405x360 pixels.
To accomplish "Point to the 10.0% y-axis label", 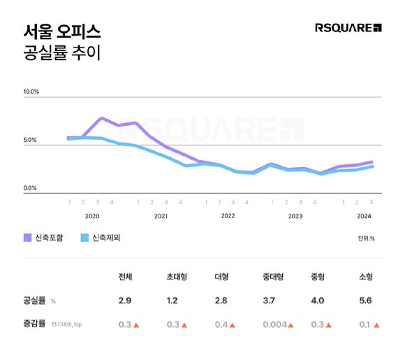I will tap(32, 92).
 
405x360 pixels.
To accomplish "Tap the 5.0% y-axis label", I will tap(31, 140).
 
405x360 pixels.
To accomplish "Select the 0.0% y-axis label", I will tap(31, 188).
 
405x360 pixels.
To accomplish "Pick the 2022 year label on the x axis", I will tap(228, 216).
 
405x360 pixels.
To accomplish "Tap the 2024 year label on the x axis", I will tap(364, 216).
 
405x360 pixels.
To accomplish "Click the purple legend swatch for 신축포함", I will tap(29, 238).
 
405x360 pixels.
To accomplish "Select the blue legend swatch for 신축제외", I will tap(86, 238).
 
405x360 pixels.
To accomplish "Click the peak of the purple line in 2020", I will tap(102, 118).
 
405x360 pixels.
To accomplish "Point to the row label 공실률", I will tap(34, 301).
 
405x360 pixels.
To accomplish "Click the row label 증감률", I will tap(34, 324).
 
